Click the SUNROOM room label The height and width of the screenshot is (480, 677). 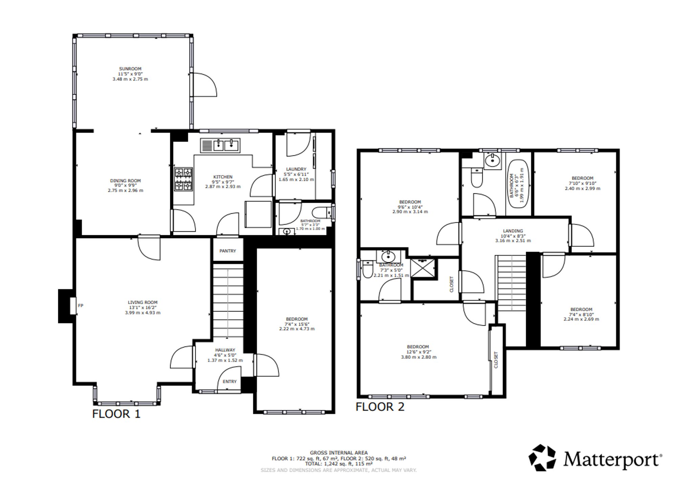click(130, 69)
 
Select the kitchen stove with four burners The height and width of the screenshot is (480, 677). click(183, 179)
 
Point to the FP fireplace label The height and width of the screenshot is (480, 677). click(81, 305)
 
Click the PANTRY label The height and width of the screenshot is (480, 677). click(227, 251)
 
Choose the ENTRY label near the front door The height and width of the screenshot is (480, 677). click(230, 381)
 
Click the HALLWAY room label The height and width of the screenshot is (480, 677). click(225, 350)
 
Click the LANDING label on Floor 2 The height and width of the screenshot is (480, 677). click(513, 231)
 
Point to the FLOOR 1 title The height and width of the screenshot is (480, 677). click(116, 414)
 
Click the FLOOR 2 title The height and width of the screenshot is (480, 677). click(380, 407)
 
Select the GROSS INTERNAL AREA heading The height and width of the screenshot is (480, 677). click(338, 453)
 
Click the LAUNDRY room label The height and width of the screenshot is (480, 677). click(296, 169)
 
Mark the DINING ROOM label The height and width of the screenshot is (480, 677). click(125, 181)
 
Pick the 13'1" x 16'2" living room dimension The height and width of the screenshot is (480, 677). click(143, 307)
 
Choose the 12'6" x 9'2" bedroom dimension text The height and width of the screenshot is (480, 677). click(418, 352)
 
